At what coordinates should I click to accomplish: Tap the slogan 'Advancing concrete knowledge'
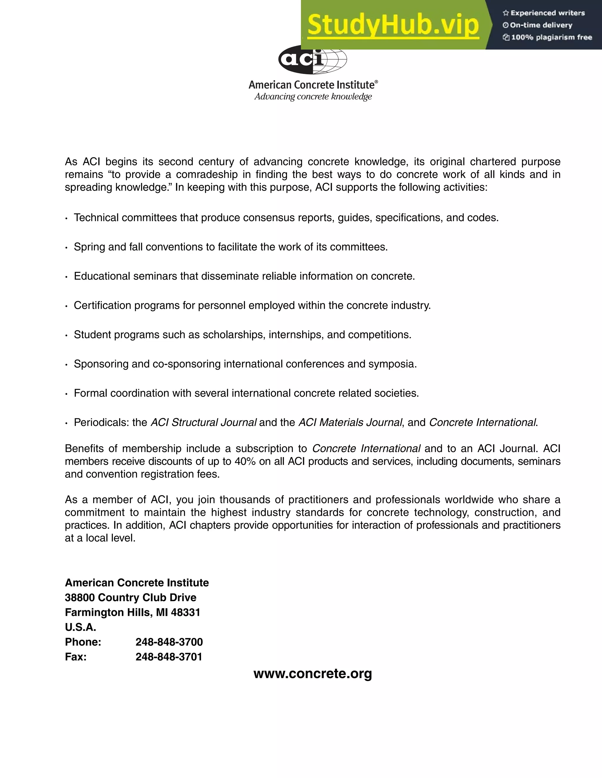click(313, 97)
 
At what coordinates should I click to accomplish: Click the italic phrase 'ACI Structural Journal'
click(203, 422)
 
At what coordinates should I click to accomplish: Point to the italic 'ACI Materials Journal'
click(350, 422)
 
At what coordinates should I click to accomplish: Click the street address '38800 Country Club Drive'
click(131, 597)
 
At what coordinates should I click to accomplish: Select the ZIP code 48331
click(185, 612)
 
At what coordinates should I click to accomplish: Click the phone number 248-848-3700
click(169, 642)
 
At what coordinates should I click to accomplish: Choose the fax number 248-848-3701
click(169, 656)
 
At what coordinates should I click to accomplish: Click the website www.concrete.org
click(312, 673)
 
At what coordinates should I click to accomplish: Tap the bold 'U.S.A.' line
click(81, 627)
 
